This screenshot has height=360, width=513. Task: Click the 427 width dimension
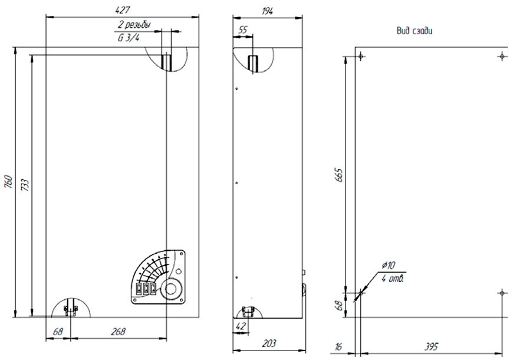point(123,10)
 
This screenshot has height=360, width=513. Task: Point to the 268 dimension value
point(118,332)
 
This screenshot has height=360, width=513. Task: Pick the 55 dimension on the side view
point(243,30)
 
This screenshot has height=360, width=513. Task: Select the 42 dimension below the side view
point(241,326)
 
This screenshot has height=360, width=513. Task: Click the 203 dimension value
point(269,343)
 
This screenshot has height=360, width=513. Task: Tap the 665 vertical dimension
point(339,175)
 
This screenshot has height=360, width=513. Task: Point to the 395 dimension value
point(431,346)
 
